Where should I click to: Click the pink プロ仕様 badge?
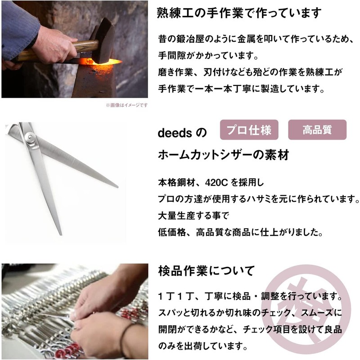249,130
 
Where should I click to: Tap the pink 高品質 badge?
317,130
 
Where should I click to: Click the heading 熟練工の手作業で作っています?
239,13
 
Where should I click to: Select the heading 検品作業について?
207,271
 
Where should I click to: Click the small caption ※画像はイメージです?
126,105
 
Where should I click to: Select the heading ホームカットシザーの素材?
223,156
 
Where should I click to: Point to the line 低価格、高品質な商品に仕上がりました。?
240,233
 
